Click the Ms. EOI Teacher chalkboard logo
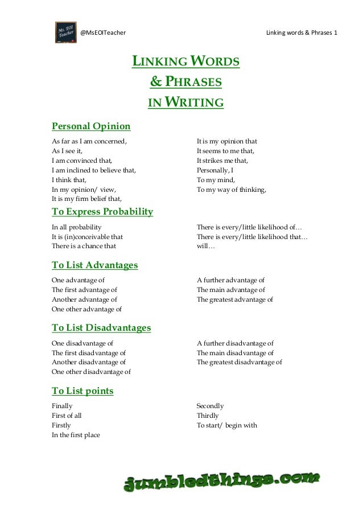tap(66, 32)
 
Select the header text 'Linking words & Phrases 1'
tap(302, 32)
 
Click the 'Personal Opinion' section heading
tap(91, 126)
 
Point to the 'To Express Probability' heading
tap(102, 212)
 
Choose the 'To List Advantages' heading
tap(94, 265)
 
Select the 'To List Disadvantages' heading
tap(101, 328)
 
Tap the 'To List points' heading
tap(82, 391)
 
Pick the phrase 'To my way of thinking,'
tap(231, 190)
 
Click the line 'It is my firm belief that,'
tap(86, 199)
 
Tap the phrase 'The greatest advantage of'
tap(234, 299)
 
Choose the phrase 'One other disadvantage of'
tap(91, 372)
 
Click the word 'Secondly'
tap(210, 406)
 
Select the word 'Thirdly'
tap(207, 416)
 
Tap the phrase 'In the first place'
tap(76, 435)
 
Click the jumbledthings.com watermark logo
tap(222, 483)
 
